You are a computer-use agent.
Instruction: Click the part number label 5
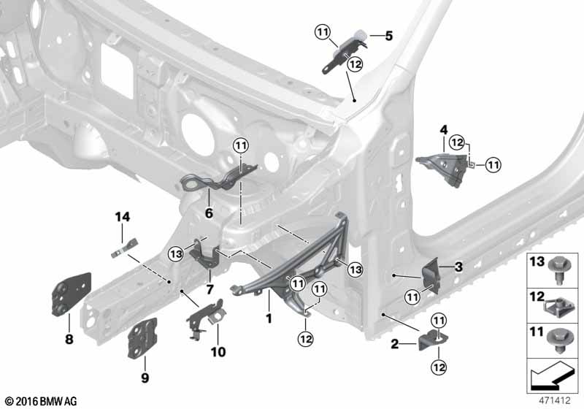389,36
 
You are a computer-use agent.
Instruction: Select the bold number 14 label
122,217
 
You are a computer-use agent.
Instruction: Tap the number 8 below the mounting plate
69,340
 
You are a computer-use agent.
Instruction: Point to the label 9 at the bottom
145,378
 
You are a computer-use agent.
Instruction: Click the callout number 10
218,351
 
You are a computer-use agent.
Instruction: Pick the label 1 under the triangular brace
269,318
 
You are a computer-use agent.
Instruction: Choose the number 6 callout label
209,213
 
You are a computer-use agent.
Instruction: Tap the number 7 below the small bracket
210,289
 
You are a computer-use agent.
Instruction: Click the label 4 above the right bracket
444,130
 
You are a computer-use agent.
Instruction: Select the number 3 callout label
459,267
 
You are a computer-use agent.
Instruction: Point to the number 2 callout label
395,344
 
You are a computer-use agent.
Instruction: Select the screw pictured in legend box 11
558,341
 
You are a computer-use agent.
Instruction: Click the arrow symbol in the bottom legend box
550,375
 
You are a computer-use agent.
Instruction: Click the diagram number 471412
555,400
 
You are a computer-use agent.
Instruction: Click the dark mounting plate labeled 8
71,294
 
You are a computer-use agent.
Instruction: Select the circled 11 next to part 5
323,32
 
